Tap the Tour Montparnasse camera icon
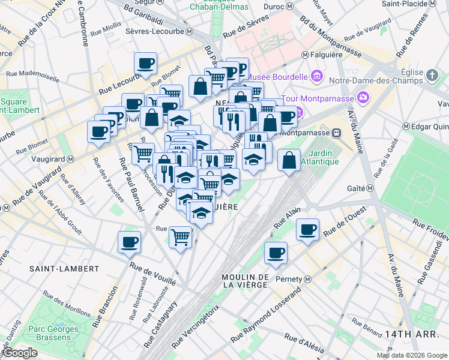click(x=363, y=97)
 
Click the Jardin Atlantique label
click(x=319, y=157)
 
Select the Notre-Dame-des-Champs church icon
click(x=433, y=76)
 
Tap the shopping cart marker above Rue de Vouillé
click(x=181, y=238)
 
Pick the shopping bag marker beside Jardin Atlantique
click(x=289, y=160)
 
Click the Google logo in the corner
click(x=20, y=353)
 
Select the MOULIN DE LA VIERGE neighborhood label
click(x=244, y=280)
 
